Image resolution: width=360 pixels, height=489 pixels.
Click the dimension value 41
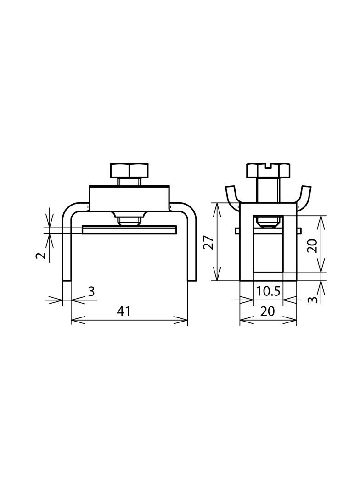[124, 311]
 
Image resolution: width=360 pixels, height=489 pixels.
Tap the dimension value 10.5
[268, 291]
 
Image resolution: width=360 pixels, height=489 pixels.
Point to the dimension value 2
[40, 256]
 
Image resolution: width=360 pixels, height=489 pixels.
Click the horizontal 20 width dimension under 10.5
[267, 311]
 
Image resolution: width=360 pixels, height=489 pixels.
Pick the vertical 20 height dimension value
[312, 246]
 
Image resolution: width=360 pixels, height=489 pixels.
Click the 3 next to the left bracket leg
[91, 292]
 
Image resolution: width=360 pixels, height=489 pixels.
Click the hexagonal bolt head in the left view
[129, 170]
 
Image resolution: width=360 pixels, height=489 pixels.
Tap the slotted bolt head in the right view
[268, 170]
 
